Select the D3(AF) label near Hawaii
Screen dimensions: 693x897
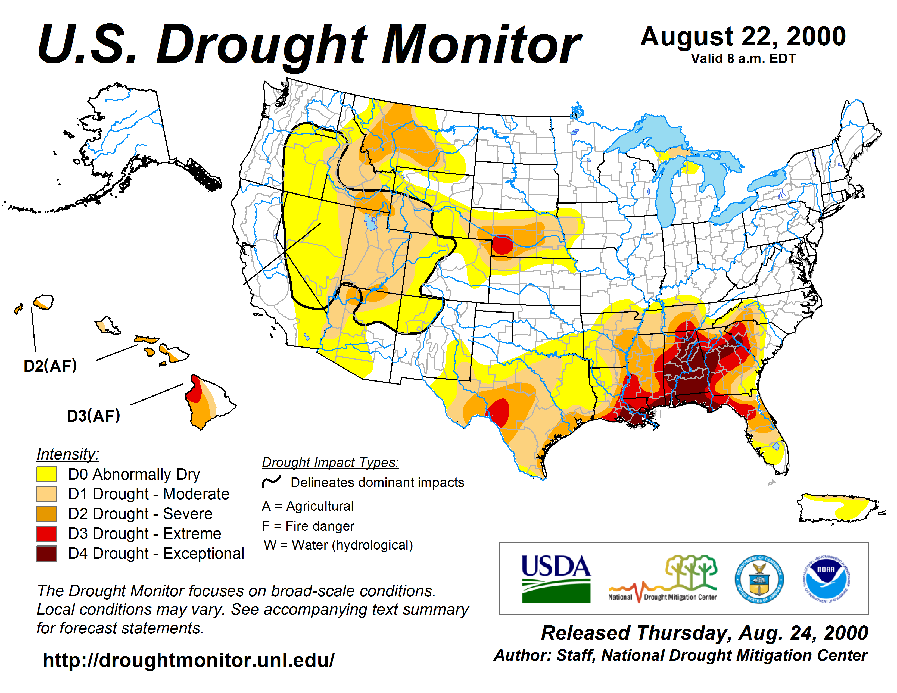point(93,416)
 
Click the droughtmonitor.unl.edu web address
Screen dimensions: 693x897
point(189,660)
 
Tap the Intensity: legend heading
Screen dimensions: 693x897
point(68,454)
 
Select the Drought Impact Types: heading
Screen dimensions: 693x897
point(330,462)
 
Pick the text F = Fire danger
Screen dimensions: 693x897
point(308,526)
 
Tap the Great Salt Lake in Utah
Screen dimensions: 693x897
point(370,222)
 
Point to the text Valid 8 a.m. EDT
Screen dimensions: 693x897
point(743,59)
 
